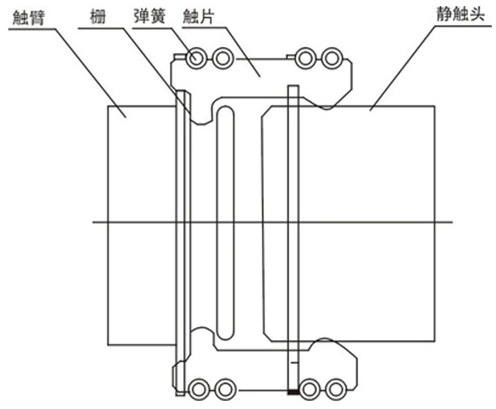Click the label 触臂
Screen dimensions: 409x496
click(28, 15)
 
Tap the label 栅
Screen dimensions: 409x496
click(95, 15)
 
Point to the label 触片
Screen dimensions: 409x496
click(196, 15)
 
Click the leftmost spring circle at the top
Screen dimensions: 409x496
click(196, 58)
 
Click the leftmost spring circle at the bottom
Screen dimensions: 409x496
click(199, 388)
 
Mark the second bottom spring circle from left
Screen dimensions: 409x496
click(225, 388)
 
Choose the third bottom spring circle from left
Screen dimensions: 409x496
click(309, 388)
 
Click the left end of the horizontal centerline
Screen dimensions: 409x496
click(93, 221)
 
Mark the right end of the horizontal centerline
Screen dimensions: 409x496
click(452, 221)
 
